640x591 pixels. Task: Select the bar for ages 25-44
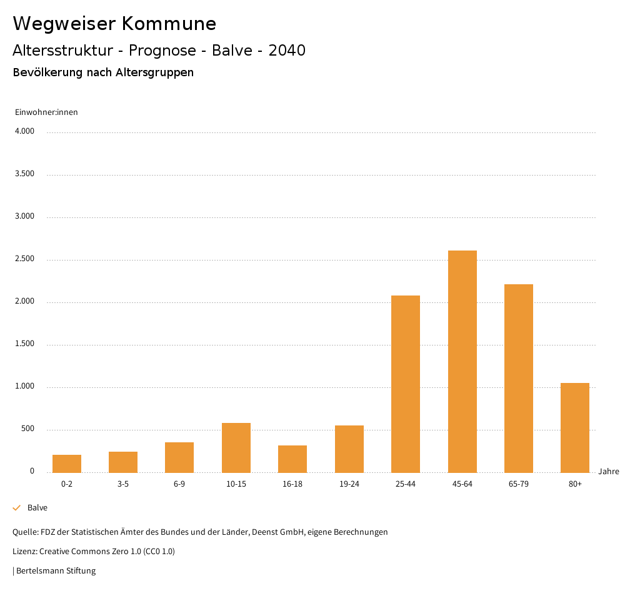406,384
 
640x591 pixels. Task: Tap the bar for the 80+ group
575,427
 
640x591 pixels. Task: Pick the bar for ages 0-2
67,464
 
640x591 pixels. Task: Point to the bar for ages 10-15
236,447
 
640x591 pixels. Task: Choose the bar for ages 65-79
519,378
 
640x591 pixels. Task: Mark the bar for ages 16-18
292,459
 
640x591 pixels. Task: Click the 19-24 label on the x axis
349,484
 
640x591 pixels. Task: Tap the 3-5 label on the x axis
123,484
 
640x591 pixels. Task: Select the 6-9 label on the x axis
179,484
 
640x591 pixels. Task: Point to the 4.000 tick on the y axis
24,132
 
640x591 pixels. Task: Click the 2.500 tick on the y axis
24,259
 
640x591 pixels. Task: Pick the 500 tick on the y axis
27,429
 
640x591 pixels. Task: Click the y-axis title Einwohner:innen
46,112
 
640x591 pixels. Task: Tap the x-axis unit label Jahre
609,472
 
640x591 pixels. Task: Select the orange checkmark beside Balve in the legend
17,508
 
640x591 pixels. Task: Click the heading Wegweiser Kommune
114,24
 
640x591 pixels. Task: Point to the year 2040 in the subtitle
287,51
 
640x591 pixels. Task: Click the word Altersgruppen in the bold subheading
154,72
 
